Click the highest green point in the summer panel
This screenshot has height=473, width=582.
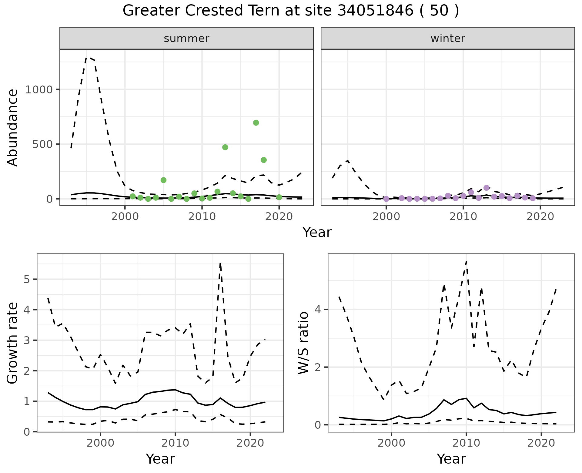point(256,123)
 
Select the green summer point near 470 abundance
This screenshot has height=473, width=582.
point(225,147)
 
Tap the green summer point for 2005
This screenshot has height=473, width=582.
point(163,180)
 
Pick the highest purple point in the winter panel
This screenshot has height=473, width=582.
point(487,188)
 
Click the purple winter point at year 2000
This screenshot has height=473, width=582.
point(386,199)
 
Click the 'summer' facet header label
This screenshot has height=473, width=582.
point(186,39)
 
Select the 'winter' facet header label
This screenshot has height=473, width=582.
point(448,39)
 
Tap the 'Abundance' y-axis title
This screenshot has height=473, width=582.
point(13,127)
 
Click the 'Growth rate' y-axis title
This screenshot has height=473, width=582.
point(13,343)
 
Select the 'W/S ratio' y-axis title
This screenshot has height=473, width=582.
point(303,343)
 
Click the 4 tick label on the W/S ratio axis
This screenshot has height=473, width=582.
point(318,310)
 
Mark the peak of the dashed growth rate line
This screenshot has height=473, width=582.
point(220,263)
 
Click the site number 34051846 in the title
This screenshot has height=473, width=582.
point(375,11)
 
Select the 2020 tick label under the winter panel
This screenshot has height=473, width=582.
point(540,216)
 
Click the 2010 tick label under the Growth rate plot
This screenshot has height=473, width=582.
point(175,443)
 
